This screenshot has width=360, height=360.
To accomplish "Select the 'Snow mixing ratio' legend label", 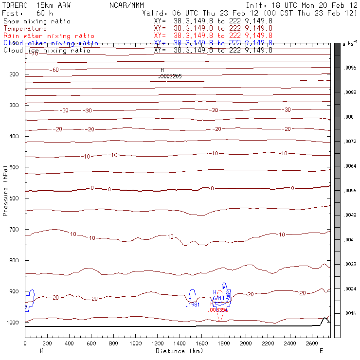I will (36, 21).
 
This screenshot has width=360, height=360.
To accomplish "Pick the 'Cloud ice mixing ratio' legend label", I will (47, 50).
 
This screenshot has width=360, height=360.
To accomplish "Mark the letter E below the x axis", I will (321, 351).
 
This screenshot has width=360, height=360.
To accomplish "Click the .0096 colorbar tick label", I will (350, 68).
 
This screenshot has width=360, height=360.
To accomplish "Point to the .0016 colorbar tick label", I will (350, 313).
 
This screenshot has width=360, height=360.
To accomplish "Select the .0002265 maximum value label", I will (170, 76).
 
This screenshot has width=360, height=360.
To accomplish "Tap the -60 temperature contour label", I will (54, 70).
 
